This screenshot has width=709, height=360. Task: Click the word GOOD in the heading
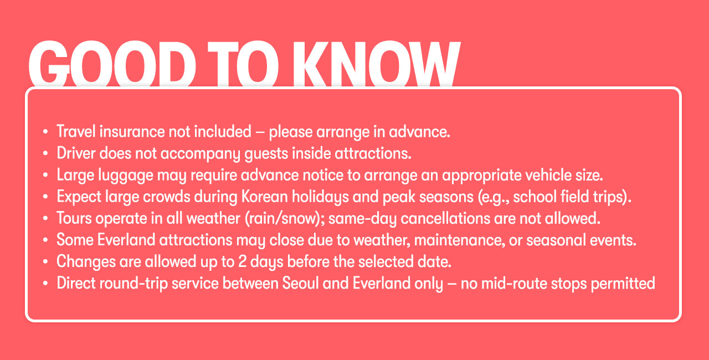click(112, 63)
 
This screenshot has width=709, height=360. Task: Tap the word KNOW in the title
click(376, 63)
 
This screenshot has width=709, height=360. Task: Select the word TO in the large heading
click(243, 63)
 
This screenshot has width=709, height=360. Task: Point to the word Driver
click(76, 153)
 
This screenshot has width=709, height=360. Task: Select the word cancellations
click(445, 219)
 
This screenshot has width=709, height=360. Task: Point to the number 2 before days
click(242, 262)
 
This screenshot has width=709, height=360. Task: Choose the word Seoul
click(300, 283)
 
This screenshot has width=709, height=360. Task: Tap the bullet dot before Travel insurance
click(45, 132)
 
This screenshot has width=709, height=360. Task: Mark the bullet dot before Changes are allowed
click(45, 262)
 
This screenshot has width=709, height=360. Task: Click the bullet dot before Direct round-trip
click(45, 284)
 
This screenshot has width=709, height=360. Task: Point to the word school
click(535, 197)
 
